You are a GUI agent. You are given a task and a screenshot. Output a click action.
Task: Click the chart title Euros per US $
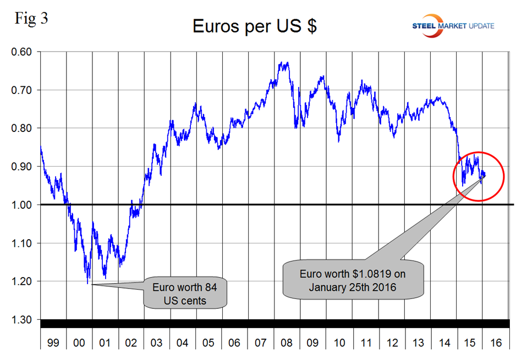tap(254, 26)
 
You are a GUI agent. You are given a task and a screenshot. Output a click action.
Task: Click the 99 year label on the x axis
tap(53, 343)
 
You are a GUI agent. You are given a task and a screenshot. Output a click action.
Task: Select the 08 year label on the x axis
tap(287, 343)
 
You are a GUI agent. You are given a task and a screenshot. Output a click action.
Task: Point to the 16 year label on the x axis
tap(496, 343)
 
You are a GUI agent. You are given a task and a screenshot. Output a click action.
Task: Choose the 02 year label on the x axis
tap(131, 343)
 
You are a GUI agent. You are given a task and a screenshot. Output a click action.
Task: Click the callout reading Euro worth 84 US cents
tap(185, 293)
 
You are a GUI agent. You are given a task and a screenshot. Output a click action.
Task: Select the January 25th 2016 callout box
tap(353, 279)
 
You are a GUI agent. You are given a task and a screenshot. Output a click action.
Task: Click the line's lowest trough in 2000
tap(88, 284)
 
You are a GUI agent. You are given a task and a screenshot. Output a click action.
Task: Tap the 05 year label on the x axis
tap(209, 343)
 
